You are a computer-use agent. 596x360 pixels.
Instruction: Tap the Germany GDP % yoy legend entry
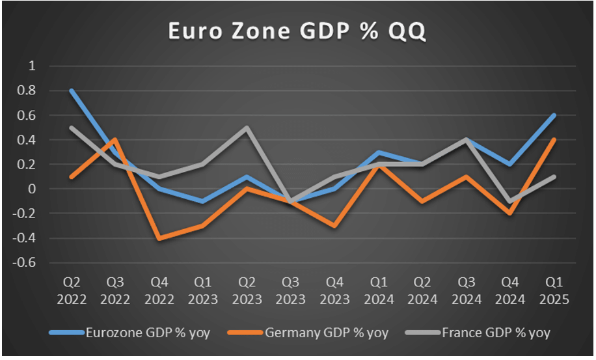coord(325,333)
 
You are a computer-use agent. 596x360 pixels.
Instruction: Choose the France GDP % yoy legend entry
coord(495,333)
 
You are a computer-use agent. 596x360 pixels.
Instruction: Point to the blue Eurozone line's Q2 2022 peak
coord(72,91)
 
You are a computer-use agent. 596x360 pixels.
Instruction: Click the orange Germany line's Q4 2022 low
coord(159,238)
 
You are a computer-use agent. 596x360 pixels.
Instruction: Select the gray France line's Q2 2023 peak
coord(247,128)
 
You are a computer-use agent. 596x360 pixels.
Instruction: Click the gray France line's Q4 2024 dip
coord(509,201)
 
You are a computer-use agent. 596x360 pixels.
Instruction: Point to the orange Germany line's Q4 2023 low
coord(334,226)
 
